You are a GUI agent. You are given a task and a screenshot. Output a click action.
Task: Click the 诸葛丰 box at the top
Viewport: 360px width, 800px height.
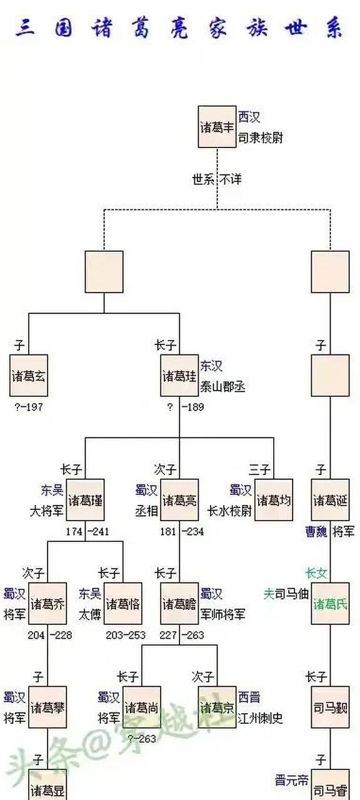(x=217, y=127)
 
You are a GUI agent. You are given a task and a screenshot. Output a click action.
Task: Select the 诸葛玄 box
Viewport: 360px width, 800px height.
(x=29, y=376)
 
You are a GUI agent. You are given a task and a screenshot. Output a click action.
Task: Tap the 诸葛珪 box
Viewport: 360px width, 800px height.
(x=179, y=376)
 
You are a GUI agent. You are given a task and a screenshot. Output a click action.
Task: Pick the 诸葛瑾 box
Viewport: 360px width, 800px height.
(x=86, y=501)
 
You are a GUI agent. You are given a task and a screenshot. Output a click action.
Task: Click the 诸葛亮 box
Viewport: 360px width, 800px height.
(x=179, y=501)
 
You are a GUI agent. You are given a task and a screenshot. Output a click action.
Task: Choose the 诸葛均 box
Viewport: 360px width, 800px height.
(x=274, y=501)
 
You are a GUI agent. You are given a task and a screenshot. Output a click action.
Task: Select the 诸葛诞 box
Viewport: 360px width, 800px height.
(x=331, y=501)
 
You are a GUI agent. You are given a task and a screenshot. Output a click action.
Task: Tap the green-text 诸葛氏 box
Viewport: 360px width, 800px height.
(x=331, y=604)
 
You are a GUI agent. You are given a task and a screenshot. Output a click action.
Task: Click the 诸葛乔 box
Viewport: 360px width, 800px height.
(x=47, y=604)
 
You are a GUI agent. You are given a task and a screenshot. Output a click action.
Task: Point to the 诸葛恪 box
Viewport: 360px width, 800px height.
(x=123, y=604)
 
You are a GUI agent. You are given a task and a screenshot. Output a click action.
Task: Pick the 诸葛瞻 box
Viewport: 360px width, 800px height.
(x=179, y=604)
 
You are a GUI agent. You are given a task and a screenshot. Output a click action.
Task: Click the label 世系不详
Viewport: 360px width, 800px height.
(x=217, y=179)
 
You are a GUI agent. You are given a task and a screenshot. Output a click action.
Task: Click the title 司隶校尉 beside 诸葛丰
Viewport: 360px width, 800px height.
(x=261, y=137)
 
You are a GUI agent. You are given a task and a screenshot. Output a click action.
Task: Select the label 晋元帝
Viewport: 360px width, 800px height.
(x=292, y=781)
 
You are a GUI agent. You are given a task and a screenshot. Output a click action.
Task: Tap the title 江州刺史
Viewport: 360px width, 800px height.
(x=261, y=718)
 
